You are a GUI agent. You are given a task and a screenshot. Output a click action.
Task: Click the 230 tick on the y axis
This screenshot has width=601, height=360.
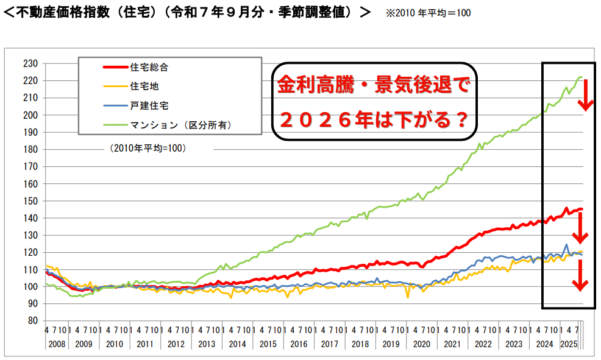30,63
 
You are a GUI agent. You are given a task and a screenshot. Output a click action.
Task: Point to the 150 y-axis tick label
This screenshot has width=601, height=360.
30,201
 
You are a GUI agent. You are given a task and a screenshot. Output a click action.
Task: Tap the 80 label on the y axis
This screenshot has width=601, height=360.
32,321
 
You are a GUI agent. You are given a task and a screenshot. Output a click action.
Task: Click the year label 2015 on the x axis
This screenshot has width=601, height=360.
268,344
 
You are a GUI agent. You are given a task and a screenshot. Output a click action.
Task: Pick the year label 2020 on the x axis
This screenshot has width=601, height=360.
422,344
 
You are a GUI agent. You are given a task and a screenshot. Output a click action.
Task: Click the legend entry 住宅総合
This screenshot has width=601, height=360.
150,68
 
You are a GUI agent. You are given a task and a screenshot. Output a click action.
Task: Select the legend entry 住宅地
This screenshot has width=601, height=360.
145,86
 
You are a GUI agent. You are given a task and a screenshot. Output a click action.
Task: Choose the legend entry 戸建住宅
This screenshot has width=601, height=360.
150,105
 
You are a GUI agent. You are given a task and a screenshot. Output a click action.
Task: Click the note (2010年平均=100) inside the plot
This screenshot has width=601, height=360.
149,148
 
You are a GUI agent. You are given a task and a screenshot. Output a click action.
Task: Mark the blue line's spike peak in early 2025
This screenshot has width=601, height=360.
566,244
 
